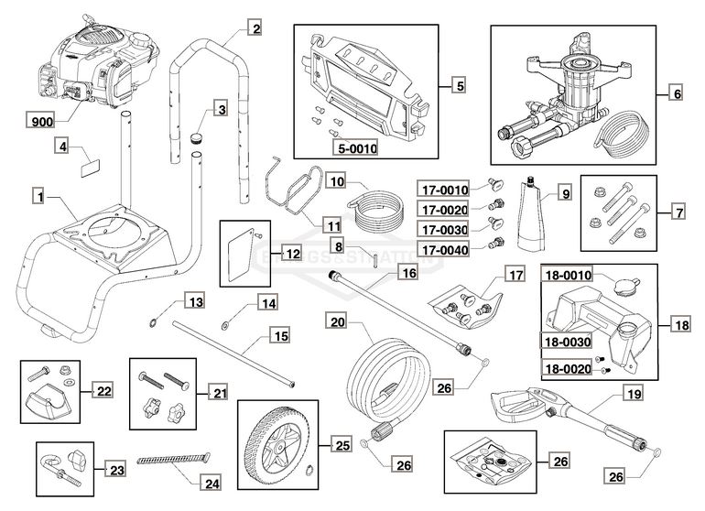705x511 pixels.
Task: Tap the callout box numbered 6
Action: tap(677, 92)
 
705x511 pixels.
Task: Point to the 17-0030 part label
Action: tap(445, 226)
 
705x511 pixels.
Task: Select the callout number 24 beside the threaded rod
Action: tap(211, 480)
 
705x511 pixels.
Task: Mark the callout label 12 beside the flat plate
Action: tap(291, 253)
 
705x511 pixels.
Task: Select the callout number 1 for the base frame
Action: tap(38, 195)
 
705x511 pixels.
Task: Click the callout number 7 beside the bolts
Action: tap(678, 212)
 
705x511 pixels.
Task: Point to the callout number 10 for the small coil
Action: tap(310, 181)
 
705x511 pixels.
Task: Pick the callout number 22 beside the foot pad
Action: tap(104, 390)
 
